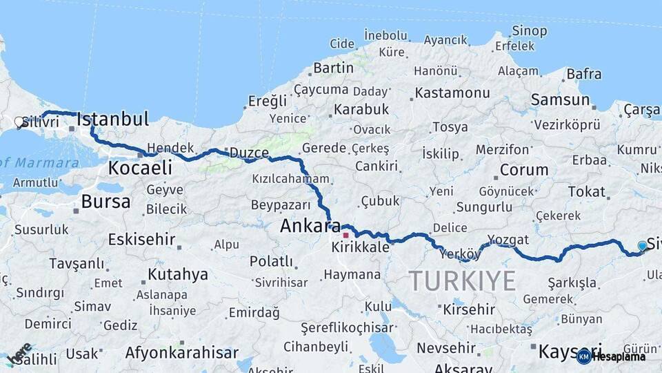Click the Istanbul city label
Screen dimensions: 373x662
(x=112, y=119)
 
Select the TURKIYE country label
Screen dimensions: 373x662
(x=462, y=281)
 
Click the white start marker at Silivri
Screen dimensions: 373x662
(x=19, y=122)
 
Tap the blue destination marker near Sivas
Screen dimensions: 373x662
(x=642, y=246)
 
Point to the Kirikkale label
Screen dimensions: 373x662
(x=360, y=247)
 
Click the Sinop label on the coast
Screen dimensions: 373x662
(x=530, y=31)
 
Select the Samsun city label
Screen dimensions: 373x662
(x=560, y=100)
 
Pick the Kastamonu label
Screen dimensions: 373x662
(x=452, y=93)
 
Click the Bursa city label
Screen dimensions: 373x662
(x=106, y=202)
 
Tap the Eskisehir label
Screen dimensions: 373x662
(x=141, y=240)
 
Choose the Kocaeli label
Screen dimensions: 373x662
(x=140, y=168)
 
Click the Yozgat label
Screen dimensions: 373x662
(x=508, y=240)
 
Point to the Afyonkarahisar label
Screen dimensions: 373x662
(x=177, y=352)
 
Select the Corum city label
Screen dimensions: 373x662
(x=523, y=170)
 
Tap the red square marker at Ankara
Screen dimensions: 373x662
(x=345, y=235)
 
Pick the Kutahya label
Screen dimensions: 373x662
(x=177, y=274)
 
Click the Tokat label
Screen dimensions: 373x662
(x=586, y=191)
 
